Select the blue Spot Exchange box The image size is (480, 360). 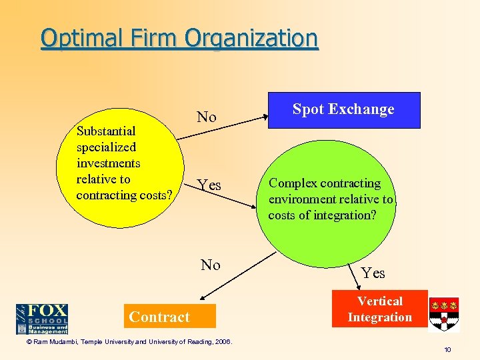[343, 109]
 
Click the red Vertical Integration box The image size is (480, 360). [379, 309]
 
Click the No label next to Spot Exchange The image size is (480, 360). [207, 117]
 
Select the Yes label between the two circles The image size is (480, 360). [209, 185]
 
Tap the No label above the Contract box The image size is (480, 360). [211, 265]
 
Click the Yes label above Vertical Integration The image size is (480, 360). [373, 273]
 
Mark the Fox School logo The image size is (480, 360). [42, 319]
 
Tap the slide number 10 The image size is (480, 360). [447, 349]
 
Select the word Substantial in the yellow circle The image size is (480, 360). [106, 131]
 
